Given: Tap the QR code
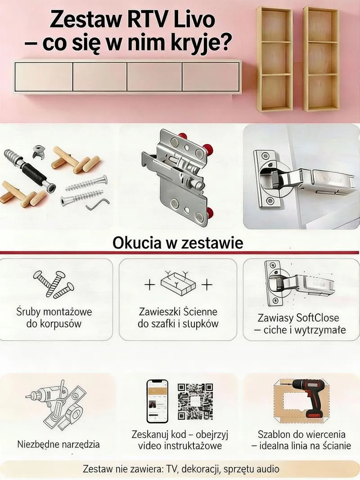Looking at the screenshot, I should click(x=195, y=401).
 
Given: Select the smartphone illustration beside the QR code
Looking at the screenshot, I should click(x=157, y=401).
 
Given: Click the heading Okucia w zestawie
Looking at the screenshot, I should click(x=178, y=243).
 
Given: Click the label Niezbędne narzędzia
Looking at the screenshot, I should click(x=58, y=444).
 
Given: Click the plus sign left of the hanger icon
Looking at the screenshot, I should click(x=149, y=285).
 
